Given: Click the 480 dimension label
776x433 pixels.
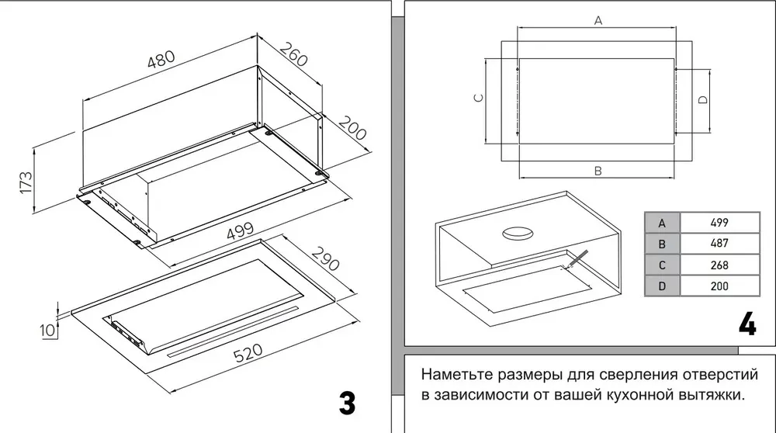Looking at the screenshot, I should [x=163, y=63].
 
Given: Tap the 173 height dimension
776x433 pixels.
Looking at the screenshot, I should [x=26, y=183].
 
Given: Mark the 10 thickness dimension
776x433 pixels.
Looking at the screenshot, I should [x=47, y=329].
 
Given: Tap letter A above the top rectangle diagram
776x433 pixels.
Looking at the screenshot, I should [x=598, y=21].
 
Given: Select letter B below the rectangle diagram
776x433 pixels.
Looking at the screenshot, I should [x=598, y=171].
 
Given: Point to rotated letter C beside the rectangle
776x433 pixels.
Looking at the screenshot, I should [x=479, y=99].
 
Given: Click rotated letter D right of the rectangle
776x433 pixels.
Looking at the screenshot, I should [x=702, y=99].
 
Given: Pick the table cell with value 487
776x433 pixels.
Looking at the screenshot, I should [x=719, y=243].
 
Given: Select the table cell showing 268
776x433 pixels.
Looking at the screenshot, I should [x=719, y=264].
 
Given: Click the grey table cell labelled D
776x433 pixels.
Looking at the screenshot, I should [x=662, y=286].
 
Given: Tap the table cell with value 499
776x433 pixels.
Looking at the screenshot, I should [x=719, y=222].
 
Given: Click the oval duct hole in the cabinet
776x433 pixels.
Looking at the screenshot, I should [x=518, y=231].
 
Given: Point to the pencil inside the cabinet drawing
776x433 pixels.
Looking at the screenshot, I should [x=577, y=259].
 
